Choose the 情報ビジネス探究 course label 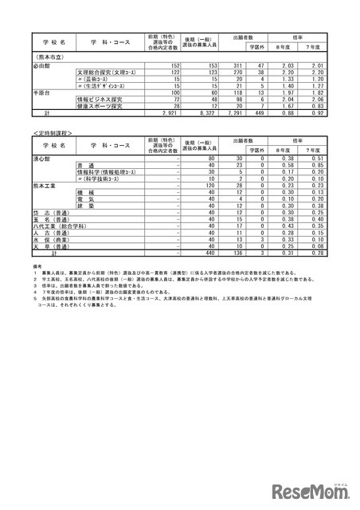(104, 100)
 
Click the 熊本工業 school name (44, 184)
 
